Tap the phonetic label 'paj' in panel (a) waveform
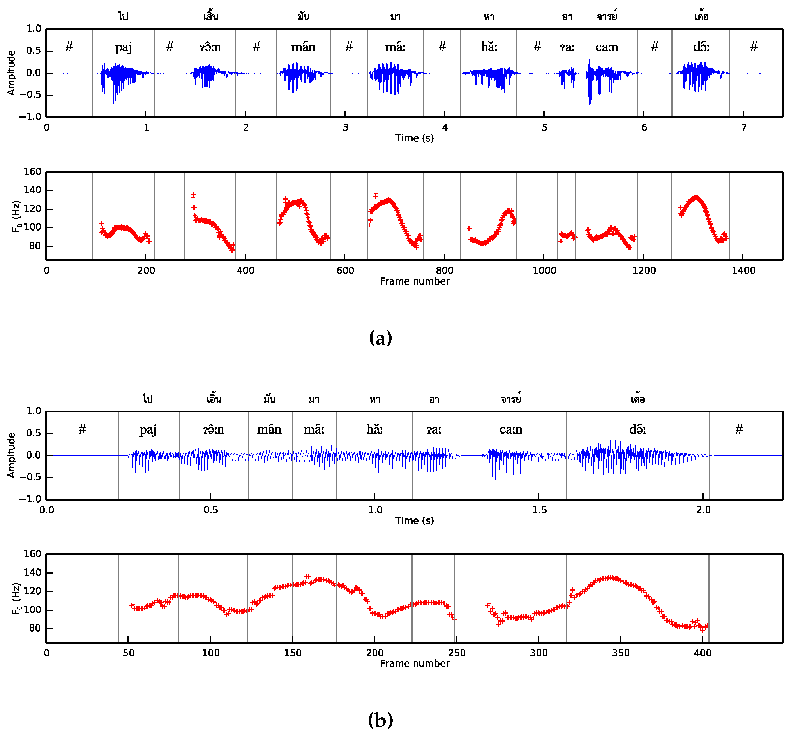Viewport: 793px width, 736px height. (124, 47)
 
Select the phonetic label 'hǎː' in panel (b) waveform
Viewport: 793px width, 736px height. (374, 429)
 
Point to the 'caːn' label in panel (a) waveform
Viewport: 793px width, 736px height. (606, 47)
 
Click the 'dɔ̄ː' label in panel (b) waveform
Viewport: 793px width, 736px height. (637, 429)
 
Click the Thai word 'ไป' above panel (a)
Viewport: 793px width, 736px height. (123, 16)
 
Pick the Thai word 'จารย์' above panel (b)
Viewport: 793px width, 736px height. (511, 399)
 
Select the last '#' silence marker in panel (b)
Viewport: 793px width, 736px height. (739, 429)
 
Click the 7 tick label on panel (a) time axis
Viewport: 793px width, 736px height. (743, 127)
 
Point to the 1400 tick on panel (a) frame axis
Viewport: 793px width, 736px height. (743, 270)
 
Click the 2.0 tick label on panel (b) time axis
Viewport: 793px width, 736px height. (703, 510)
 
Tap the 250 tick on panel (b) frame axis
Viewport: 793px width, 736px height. (457, 653)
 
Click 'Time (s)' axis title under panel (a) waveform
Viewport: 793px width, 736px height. (414, 138)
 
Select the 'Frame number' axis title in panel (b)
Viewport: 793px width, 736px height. (414, 664)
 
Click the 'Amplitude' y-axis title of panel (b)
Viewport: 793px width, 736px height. (11, 455)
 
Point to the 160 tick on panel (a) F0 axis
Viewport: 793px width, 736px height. (33, 172)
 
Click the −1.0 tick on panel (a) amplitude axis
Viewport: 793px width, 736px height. (30, 117)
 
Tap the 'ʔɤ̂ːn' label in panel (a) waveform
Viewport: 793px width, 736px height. (210, 47)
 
